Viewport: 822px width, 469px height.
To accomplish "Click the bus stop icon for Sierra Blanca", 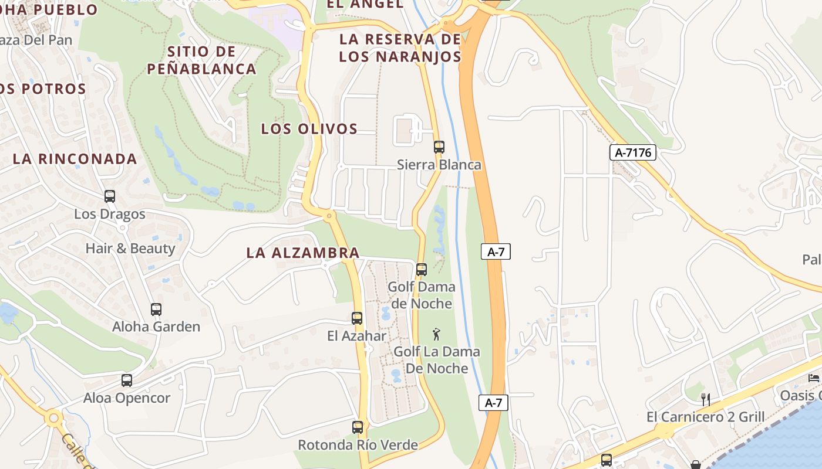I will tap(439, 147).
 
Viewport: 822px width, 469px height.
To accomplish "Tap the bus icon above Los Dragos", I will tap(110, 196).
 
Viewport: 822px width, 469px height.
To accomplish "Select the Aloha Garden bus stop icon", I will tap(156, 309).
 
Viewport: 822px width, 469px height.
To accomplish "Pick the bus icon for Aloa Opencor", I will tap(127, 380).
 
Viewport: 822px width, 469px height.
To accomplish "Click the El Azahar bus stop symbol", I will tap(357, 318).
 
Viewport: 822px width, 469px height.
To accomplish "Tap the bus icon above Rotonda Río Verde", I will tap(358, 427).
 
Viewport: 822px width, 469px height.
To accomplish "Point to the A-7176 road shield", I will tap(632, 153).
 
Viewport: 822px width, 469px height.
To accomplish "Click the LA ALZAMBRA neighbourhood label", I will tap(302, 253).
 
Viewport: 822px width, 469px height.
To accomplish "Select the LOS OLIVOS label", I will tap(309, 129).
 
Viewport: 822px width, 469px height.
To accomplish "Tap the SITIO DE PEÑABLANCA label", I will tap(201, 60).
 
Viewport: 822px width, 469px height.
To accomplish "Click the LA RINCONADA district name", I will tap(75, 159).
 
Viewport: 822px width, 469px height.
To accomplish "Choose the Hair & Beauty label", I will tap(130, 249).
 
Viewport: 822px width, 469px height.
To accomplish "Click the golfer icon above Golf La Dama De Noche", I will tap(436, 334).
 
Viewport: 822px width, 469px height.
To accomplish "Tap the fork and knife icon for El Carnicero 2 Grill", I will tap(706, 400).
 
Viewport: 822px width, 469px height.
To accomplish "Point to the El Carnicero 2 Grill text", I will tap(705, 417).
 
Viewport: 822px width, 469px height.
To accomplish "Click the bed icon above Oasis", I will tap(814, 378).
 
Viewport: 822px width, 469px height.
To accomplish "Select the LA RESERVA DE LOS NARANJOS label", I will tap(400, 48).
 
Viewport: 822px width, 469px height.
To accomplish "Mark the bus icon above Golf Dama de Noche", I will tap(422, 270).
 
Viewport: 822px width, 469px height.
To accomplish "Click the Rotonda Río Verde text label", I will tap(358, 445).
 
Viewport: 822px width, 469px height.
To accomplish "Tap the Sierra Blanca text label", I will tap(439, 165).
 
